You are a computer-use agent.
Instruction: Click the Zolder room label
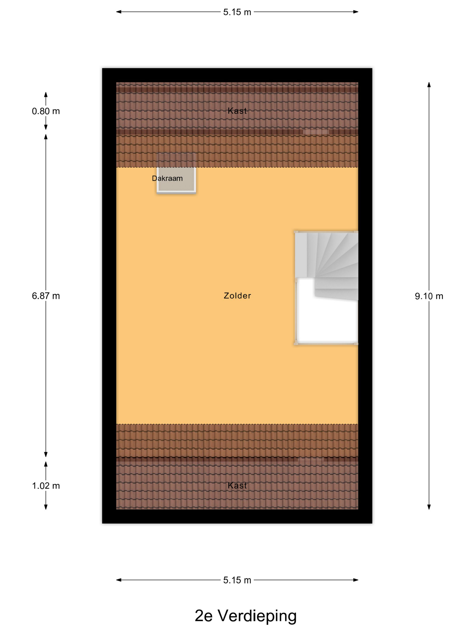point(237,296)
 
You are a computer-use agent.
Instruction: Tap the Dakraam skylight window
point(176,173)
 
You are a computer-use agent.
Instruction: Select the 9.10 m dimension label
point(429,296)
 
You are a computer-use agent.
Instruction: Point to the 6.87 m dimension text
point(46,296)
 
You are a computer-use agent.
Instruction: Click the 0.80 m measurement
point(46,111)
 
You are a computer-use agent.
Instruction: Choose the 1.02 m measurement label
point(46,486)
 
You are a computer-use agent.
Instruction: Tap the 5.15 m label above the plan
point(237,12)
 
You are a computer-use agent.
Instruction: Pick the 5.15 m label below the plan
point(237,580)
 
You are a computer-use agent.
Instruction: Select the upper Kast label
point(237,111)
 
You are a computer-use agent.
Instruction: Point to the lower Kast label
point(237,485)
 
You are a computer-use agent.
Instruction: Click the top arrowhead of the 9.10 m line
point(429,84)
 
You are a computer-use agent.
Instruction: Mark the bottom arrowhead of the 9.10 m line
point(429,507)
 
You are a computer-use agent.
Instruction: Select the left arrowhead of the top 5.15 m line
point(119,12)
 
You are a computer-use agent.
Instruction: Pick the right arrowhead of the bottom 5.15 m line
point(356,580)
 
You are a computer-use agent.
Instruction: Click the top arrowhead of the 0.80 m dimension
point(46,94)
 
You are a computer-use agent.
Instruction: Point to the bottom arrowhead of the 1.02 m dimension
point(46,507)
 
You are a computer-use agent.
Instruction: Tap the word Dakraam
point(167,178)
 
